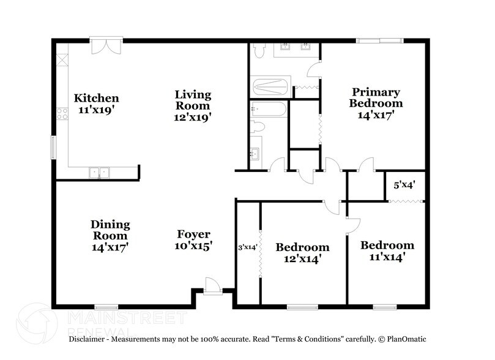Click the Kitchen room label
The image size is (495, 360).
coord(96,98)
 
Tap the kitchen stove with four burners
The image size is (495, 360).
coord(61,113)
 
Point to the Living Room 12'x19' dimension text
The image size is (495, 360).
coord(193,118)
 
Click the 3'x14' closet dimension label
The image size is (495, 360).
coord(247,247)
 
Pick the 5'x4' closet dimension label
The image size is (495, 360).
coord(404,184)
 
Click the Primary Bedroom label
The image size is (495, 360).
coord(375,97)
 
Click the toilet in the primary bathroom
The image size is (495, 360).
coord(258,51)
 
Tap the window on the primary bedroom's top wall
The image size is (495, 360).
coord(380,41)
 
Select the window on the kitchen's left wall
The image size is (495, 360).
coord(53,146)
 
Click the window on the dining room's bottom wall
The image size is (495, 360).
coord(106,306)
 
